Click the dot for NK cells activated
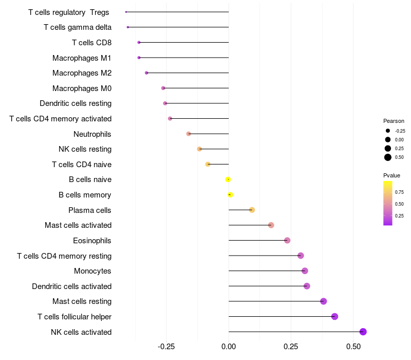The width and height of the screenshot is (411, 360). pyautogui.click(x=363, y=332)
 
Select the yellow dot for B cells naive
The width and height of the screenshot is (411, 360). pyautogui.click(x=228, y=179)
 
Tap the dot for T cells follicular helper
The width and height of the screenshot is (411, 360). pyautogui.click(x=334, y=316)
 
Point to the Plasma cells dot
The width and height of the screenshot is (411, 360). pyautogui.click(x=252, y=210)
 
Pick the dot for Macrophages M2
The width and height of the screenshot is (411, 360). pyautogui.click(x=146, y=73)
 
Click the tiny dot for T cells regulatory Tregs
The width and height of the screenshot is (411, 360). pyautogui.click(x=126, y=12)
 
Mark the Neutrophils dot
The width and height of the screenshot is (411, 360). pyautogui.click(x=189, y=134)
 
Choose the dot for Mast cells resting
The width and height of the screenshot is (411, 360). pyautogui.click(x=323, y=301)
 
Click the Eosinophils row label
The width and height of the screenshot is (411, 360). pyautogui.click(x=92, y=240)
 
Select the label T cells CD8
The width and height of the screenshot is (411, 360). pyautogui.click(x=91, y=42)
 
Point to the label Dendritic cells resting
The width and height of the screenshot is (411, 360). pyautogui.click(x=76, y=103)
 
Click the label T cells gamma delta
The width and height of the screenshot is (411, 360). pyautogui.click(x=78, y=27)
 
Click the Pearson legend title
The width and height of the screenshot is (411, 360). pyautogui.click(x=394, y=121)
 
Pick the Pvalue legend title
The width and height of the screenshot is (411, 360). pyautogui.click(x=391, y=175)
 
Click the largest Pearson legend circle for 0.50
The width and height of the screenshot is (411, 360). pyautogui.click(x=387, y=157)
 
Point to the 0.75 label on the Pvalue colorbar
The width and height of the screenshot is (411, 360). pyautogui.click(x=399, y=192)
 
